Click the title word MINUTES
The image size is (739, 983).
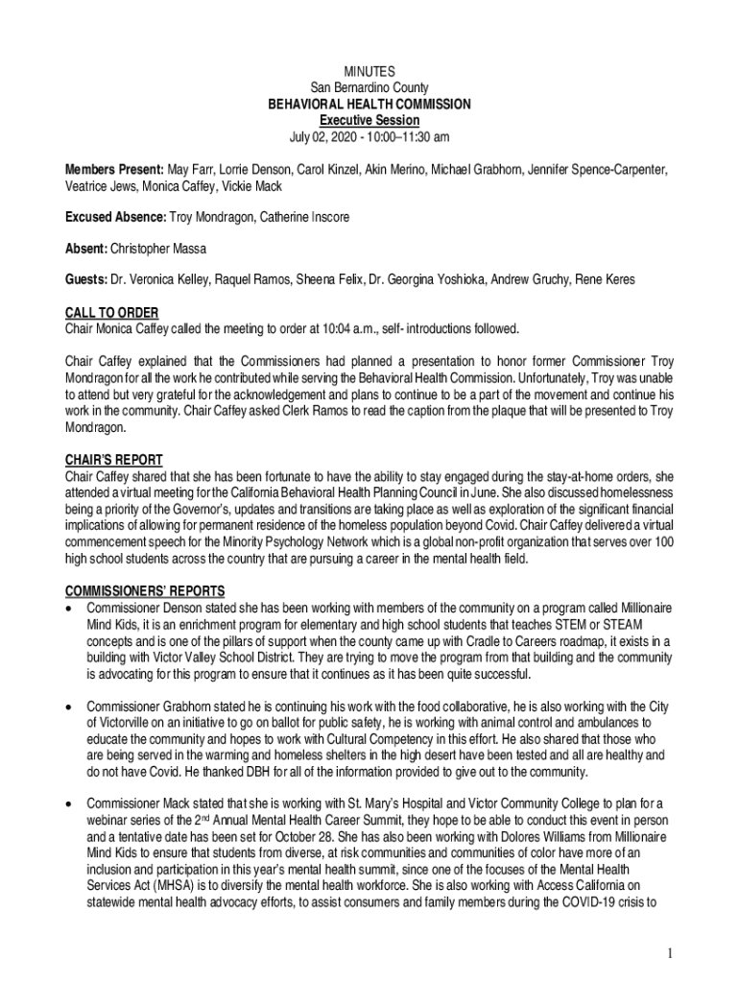[x=369, y=72]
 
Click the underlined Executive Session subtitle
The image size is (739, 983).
[x=369, y=120]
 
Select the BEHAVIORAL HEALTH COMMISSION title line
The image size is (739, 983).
[x=369, y=104]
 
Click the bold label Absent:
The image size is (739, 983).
[x=86, y=249]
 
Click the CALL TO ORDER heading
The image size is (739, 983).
[x=111, y=313]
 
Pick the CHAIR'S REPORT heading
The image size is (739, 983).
[x=113, y=460]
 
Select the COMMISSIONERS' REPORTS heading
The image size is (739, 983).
[x=144, y=591]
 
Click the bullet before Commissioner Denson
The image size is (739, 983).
[x=69, y=609]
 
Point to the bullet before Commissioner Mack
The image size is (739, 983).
[x=69, y=802]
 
